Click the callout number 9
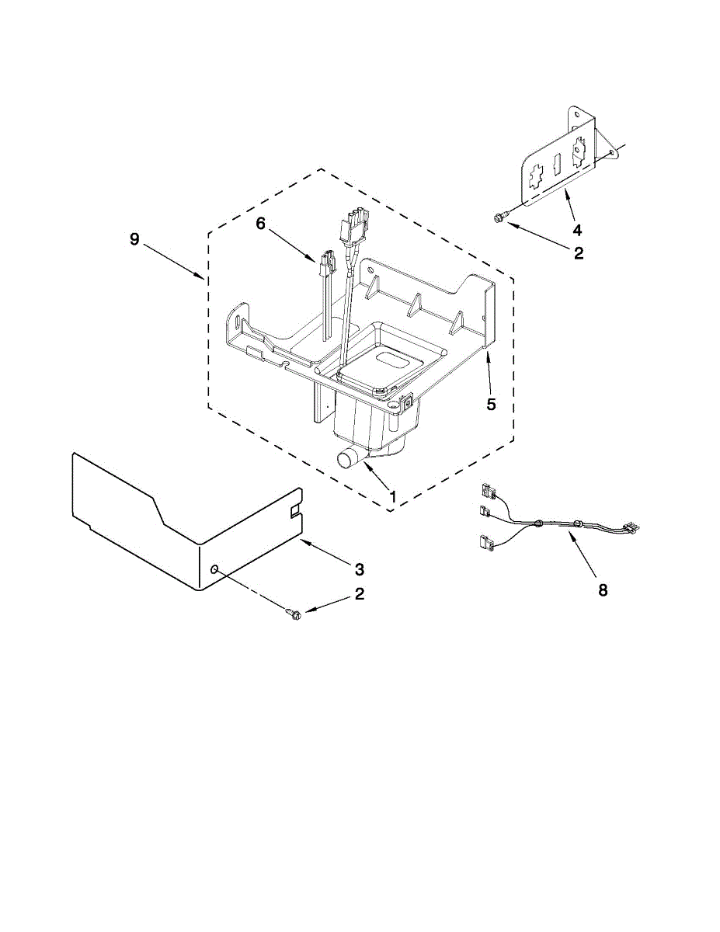(134, 240)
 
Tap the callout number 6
(260, 223)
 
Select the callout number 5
(490, 404)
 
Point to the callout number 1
(393, 496)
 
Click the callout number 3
(359, 569)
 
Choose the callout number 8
(603, 589)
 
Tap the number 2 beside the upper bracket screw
(577, 253)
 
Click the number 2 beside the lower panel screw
(359, 594)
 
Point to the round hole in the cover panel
(214, 571)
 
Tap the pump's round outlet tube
(347, 459)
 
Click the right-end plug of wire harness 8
(634, 527)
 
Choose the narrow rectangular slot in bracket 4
(556, 165)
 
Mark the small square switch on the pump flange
(405, 402)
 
